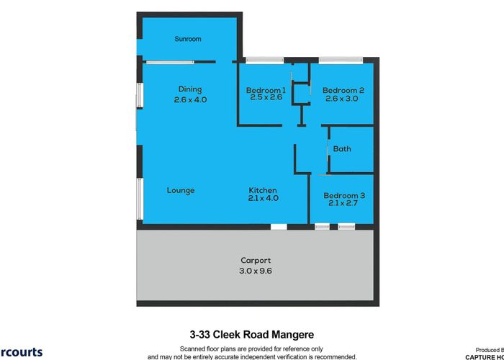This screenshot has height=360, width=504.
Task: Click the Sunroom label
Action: [188, 39]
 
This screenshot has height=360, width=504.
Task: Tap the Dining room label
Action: [190, 89]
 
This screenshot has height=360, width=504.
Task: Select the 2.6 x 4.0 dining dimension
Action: [190, 100]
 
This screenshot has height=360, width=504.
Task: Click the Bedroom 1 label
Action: [266, 90]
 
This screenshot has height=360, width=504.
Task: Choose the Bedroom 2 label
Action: [343, 90]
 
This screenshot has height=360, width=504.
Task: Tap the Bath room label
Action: [342, 149]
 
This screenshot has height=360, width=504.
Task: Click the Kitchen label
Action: [263, 190]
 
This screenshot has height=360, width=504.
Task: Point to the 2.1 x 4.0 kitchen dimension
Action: [263, 198]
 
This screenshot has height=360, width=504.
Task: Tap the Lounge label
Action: [181, 190]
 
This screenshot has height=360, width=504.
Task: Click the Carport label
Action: [255, 261]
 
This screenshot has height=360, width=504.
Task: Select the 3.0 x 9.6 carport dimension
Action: [255, 271]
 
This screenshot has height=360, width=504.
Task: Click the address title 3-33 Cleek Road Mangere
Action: [251, 335]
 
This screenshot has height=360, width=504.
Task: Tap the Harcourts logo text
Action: [21, 352]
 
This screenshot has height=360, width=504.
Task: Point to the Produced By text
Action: [489, 348]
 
